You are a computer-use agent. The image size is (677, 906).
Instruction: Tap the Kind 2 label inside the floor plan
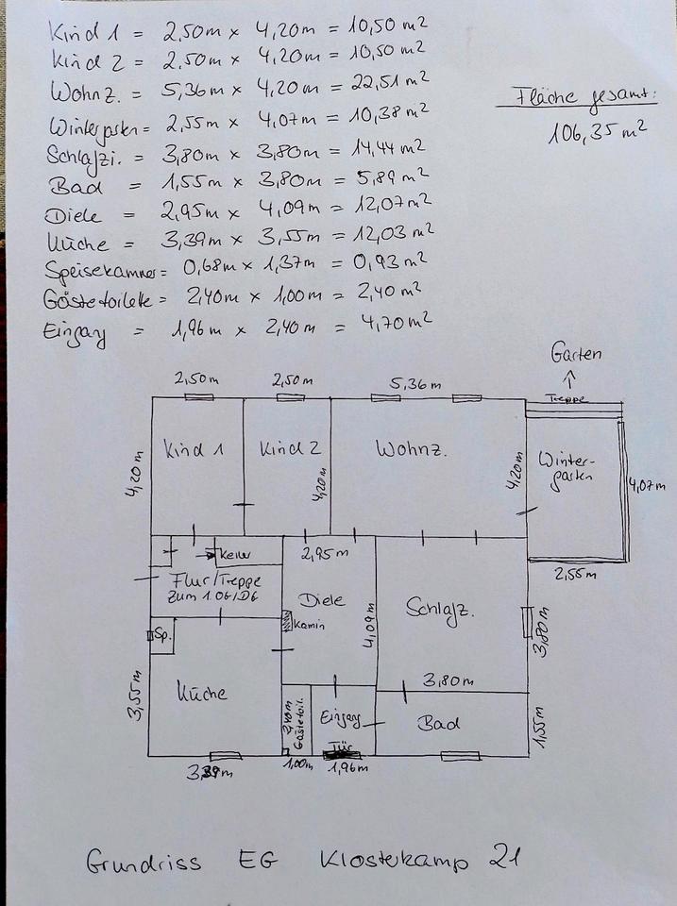tap(290, 449)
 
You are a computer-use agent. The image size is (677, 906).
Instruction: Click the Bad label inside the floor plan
tap(440, 724)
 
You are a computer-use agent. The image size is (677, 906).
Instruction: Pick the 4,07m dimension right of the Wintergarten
tap(648, 487)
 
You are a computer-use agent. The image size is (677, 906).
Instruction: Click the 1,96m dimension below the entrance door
tap(347, 767)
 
